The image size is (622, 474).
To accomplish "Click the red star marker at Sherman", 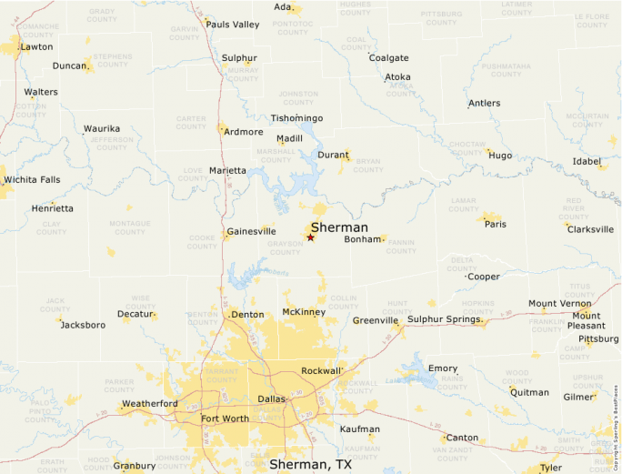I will [310, 237].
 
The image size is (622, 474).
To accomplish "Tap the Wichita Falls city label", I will [33, 179].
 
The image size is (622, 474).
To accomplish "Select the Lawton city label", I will [36, 46].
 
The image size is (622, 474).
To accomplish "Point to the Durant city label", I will [333, 155].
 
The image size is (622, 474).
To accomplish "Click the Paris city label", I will [495, 224].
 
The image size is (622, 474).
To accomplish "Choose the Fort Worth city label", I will [225, 419].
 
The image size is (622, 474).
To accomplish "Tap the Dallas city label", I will [272, 399].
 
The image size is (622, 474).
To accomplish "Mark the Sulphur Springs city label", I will [445, 318].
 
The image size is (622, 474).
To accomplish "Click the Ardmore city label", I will [244, 132].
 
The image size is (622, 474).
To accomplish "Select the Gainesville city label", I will [251, 231].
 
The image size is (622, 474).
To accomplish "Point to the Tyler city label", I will [551, 467].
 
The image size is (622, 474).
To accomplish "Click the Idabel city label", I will [587, 161].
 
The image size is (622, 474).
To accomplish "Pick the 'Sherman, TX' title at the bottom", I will [310, 464].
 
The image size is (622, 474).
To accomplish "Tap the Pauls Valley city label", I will [233, 25].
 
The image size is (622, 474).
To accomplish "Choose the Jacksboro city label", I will [83, 325].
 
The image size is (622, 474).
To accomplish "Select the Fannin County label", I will [401, 247].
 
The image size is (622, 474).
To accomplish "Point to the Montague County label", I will [130, 227].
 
